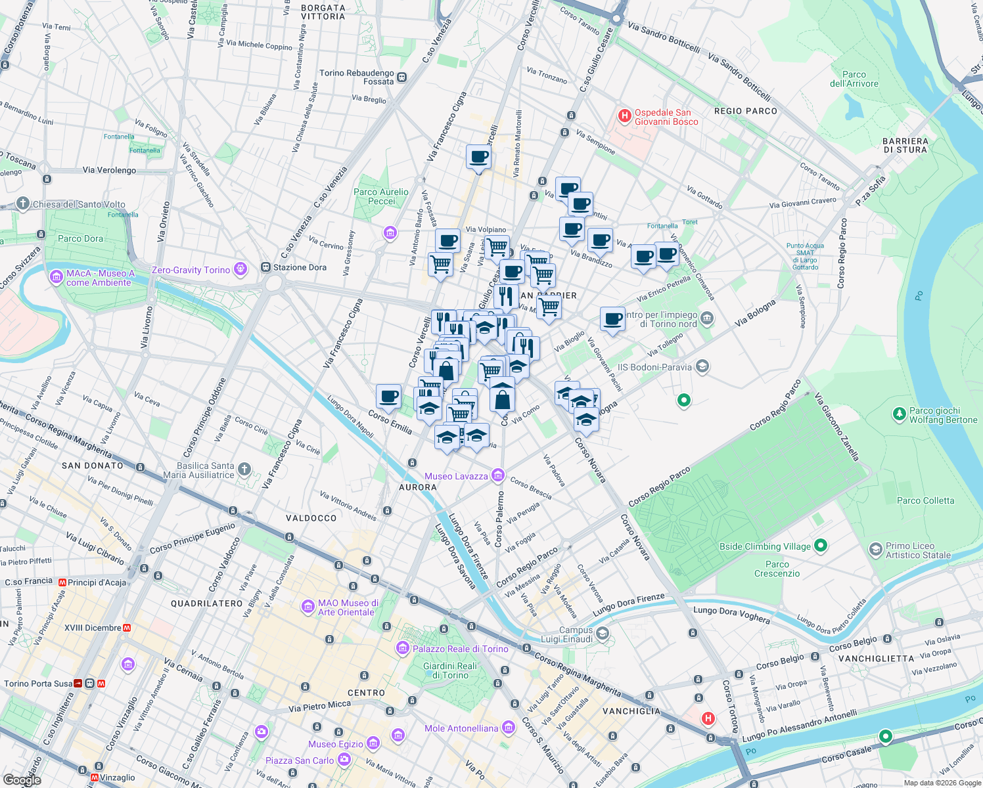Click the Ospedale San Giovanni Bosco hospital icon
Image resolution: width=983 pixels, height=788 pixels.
click(x=624, y=117)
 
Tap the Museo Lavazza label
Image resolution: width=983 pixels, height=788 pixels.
click(x=456, y=476)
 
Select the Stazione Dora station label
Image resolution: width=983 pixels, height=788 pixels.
click(x=300, y=267)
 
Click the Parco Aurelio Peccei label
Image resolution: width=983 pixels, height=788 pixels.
click(x=381, y=196)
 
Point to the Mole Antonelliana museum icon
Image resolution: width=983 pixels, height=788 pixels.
click(x=508, y=727)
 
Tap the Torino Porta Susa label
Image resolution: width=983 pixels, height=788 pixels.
click(x=38, y=684)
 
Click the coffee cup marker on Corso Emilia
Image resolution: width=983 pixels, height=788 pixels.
click(x=388, y=397)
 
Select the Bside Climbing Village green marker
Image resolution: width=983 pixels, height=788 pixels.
click(x=820, y=546)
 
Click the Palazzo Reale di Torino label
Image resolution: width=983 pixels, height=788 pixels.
click(x=460, y=649)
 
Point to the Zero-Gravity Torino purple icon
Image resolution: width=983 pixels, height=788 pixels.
click(x=241, y=269)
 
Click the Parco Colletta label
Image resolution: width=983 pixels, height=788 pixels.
click(x=925, y=500)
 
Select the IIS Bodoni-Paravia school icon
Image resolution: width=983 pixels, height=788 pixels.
click(x=702, y=366)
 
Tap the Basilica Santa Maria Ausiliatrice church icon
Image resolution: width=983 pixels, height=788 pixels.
click(x=244, y=469)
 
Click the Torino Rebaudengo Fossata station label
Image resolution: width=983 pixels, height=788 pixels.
click(x=357, y=77)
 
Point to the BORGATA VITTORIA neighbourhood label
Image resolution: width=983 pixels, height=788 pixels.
click(x=323, y=12)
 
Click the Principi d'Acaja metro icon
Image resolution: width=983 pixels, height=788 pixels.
click(x=63, y=582)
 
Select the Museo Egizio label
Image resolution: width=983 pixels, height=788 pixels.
click(x=335, y=744)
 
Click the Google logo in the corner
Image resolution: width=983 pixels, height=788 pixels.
click(x=22, y=779)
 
